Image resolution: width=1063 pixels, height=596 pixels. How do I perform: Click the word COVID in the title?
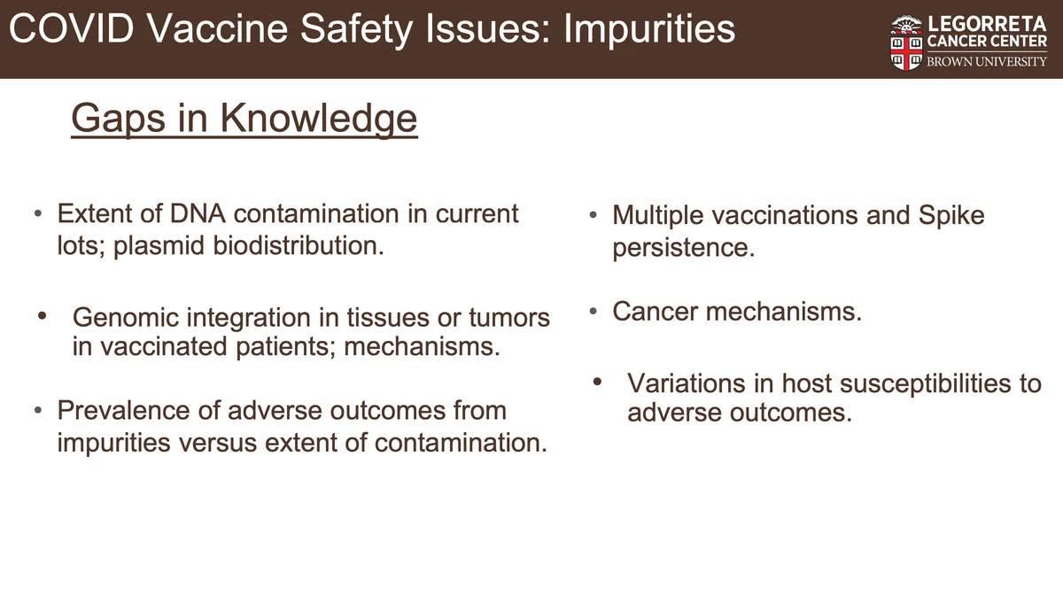point(71,28)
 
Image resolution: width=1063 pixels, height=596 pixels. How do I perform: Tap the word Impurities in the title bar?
point(649,30)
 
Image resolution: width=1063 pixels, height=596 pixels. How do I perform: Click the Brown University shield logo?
point(906,43)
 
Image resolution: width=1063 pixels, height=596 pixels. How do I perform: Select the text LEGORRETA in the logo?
point(987,24)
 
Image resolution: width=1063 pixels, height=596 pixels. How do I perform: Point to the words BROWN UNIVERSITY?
point(987,62)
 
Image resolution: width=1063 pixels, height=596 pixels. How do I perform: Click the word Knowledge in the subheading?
point(318,118)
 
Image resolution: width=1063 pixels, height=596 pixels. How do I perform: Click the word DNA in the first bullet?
point(198,213)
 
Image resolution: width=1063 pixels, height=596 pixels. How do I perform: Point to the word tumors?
point(509,317)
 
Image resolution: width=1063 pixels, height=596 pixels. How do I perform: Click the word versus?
point(218,443)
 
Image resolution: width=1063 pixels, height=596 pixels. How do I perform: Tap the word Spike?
point(951,216)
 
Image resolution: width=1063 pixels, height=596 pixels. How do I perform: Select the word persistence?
point(683,248)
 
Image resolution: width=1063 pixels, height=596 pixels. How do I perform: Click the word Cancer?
point(655,312)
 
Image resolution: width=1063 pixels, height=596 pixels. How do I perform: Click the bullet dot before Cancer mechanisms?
point(593,312)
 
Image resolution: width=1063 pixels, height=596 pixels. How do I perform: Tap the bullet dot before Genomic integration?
point(42,315)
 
